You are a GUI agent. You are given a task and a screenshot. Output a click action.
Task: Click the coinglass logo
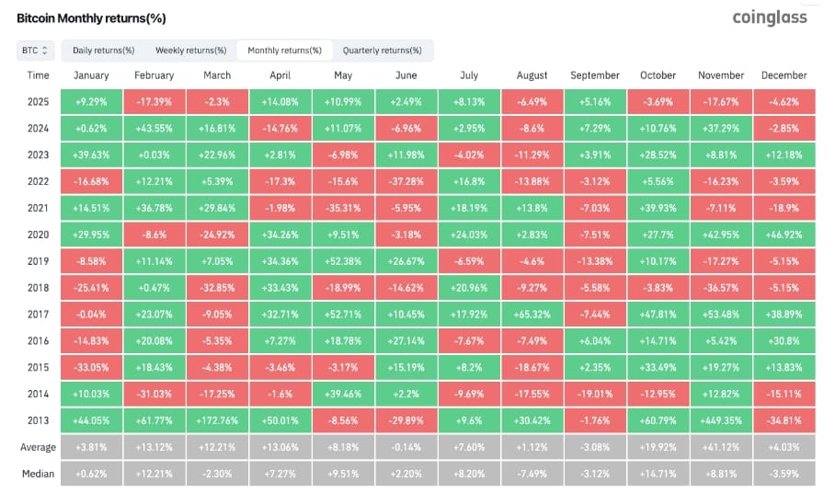pos(770,18)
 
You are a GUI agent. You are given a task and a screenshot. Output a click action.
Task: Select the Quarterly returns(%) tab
pos(382,51)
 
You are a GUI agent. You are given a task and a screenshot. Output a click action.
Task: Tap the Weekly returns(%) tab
pos(190,51)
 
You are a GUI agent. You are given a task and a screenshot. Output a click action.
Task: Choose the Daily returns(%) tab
pos(103,51)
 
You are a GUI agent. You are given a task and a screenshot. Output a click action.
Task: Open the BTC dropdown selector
pos(35,51)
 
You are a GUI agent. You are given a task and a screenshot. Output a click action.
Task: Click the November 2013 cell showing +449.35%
pos(721,420)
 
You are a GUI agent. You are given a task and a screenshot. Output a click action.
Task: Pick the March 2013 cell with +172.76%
pos(217,420)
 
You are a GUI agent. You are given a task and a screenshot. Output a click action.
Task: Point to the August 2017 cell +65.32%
pos(532,315)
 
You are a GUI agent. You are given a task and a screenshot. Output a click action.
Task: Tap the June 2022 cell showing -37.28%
pos(406,181)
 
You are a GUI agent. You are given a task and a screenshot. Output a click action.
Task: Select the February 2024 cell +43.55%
pos(154,128)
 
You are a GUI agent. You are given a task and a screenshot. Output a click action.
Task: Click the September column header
pos(595,75)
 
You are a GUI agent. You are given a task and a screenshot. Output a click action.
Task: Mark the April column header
pos(280,75)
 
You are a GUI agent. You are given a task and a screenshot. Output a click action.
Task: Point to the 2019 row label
pos(38,261)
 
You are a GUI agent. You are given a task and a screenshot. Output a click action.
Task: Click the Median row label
pos(38,474)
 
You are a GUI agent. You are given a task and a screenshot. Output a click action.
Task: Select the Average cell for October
pos(658,447)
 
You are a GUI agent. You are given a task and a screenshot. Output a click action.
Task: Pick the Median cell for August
pos(532,474)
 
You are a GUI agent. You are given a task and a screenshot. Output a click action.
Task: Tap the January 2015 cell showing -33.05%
pos(91,367)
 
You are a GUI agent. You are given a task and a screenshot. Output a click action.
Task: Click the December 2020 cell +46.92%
pos(784,235)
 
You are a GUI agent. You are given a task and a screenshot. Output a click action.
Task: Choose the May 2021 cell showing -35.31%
pos(344,208)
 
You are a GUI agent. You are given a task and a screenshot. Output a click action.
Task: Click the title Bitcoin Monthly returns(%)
pos(91,18)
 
